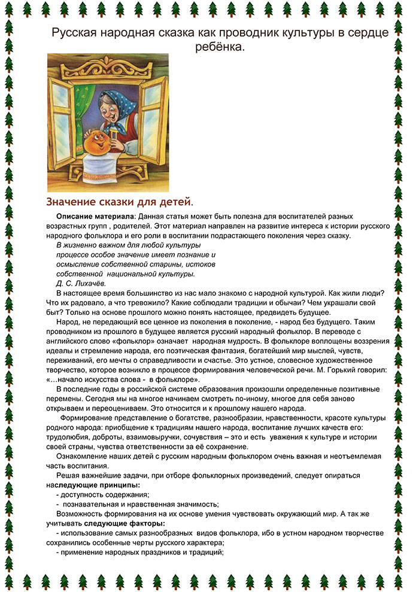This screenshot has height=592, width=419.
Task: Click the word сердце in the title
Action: pos(363,34)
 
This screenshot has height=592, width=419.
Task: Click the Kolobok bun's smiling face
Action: pos(97,145)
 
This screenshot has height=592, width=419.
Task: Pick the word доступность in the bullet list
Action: pos(83,494)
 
